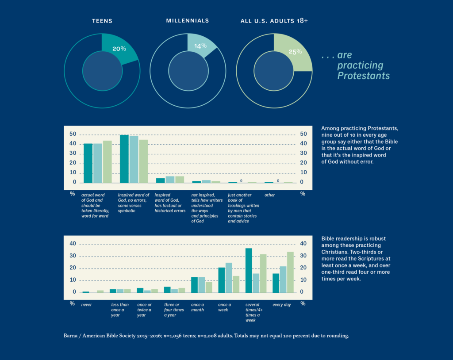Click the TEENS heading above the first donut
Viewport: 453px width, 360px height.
click(x=102, y=21)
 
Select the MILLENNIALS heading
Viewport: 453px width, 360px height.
click(x=188, y=21)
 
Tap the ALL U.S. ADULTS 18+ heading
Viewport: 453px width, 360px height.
click(x=274, y=21)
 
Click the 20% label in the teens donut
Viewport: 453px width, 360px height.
click(x=119, y=49)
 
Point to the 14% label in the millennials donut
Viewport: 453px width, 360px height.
click(x=200, y=46)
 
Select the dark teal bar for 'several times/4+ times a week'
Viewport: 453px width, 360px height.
click(x=249, y=270)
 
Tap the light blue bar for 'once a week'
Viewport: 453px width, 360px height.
click(x=229, y=277)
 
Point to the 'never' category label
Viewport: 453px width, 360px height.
click(x=86, y=305)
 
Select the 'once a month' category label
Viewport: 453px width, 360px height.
click(x=197, y=307)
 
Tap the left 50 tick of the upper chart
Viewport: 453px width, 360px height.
click(x=73, y=134)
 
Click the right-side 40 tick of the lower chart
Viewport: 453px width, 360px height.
click(x=303, y=244)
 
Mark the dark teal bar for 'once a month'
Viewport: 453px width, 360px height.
click(x=194, y=284)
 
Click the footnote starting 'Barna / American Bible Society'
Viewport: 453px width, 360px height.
click(x=207, y=336)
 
